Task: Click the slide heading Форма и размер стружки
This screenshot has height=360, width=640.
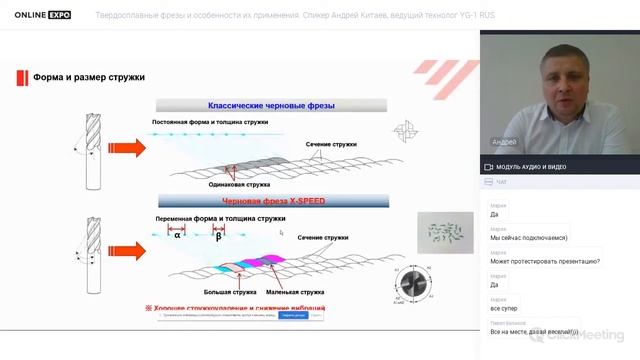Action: pyautogui.click(x=89, y=77)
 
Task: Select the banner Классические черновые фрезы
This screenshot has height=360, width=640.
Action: pyautogui.click(x=271, y=105)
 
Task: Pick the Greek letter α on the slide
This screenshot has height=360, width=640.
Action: pyautogui.click(x=176, y=237)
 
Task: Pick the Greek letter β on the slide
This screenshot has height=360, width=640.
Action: pyautogui.click(x=219, y=237)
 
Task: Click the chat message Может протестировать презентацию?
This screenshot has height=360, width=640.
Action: pyautogui.click(x=544, y=261)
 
